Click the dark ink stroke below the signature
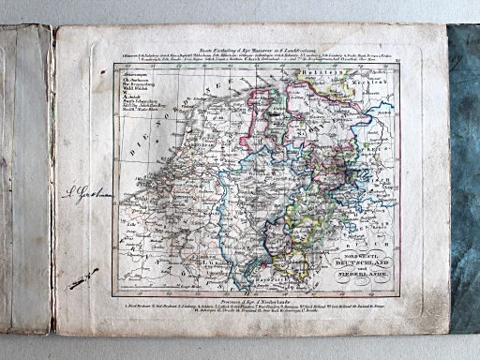click(83, 277)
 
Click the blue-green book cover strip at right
click(464, 178)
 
